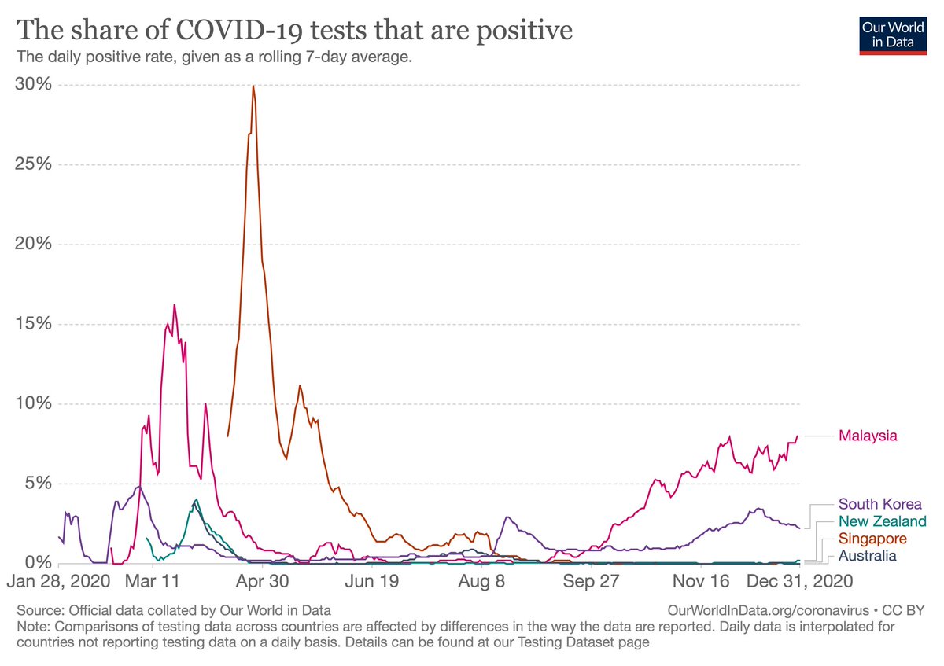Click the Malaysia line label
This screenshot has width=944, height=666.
coord(868,436)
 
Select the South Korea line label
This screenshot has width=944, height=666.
coord(879,504)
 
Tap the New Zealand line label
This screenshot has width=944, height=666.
coord(882,521)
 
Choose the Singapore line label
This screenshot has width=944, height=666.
coord(872,539)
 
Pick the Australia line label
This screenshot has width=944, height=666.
coord(867,556)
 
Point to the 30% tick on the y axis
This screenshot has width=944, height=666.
coord(34,84)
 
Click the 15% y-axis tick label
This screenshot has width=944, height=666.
coord(34,324)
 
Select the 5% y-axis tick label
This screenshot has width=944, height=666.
coord(38,483)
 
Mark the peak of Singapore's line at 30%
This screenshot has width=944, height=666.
coord(253,86)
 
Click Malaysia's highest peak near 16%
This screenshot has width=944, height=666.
coord(174,305)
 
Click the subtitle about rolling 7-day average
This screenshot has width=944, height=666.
coord(214,57)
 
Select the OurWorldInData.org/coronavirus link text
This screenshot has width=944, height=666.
coord(766,610)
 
